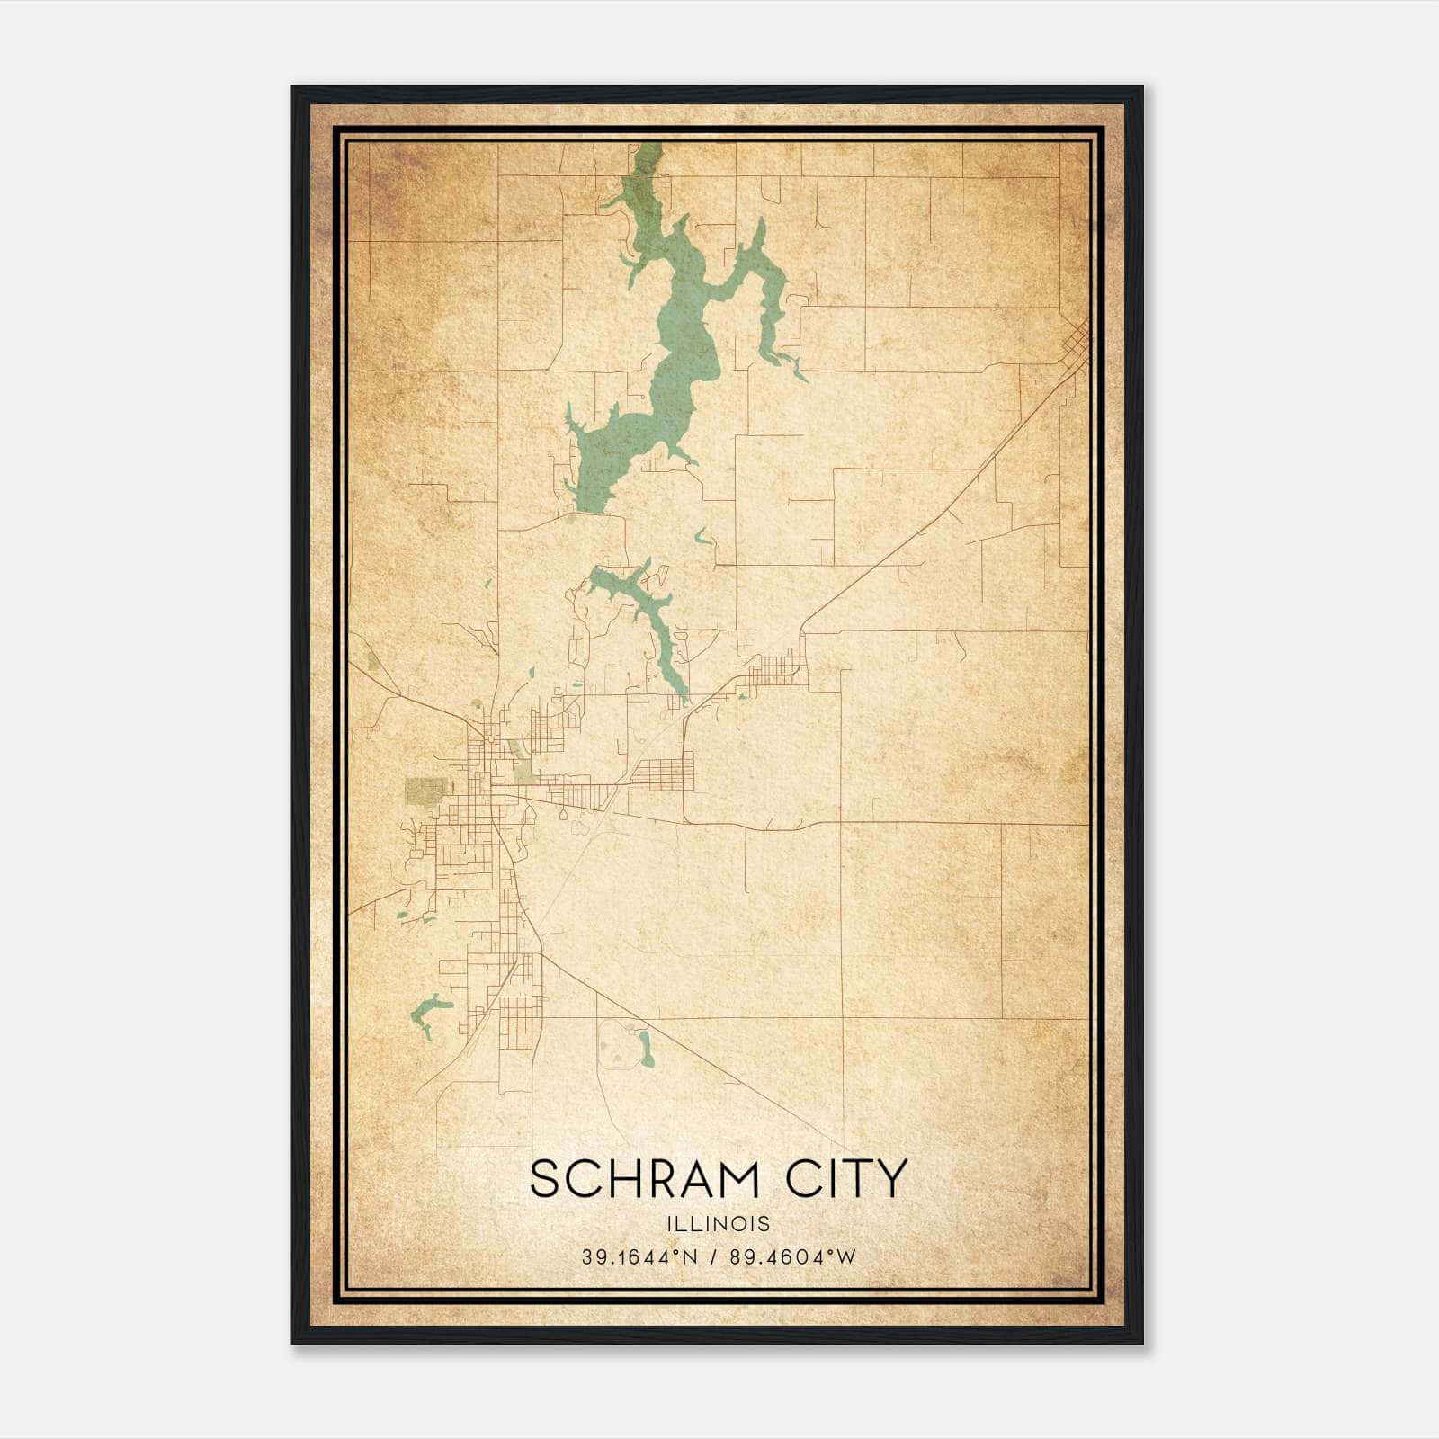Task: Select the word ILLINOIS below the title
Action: [719, 1224]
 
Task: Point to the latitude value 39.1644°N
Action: [639, 1257]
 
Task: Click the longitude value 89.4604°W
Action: [792, 1257]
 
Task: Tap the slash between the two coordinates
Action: [714, 1257]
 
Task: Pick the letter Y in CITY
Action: [889, 1179]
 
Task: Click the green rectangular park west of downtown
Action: [425, 791]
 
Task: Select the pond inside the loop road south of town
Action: [644, 1045]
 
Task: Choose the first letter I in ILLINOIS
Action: [671, 1224]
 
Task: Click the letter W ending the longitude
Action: [848, 1257]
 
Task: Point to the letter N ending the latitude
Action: [692, 1257]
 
